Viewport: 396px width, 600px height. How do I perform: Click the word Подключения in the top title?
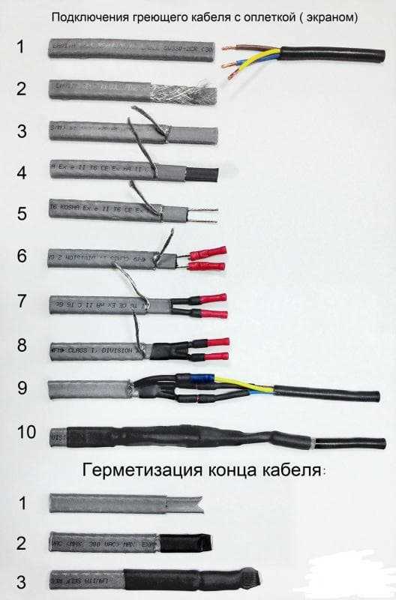(x=83, y=16)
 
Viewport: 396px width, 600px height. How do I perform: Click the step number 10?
(x=25, y=432)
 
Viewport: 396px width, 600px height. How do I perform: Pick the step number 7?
(x=22, y=301)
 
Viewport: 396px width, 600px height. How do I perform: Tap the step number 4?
(x=22, y=172)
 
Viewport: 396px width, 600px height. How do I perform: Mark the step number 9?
(x=22, y=388)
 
